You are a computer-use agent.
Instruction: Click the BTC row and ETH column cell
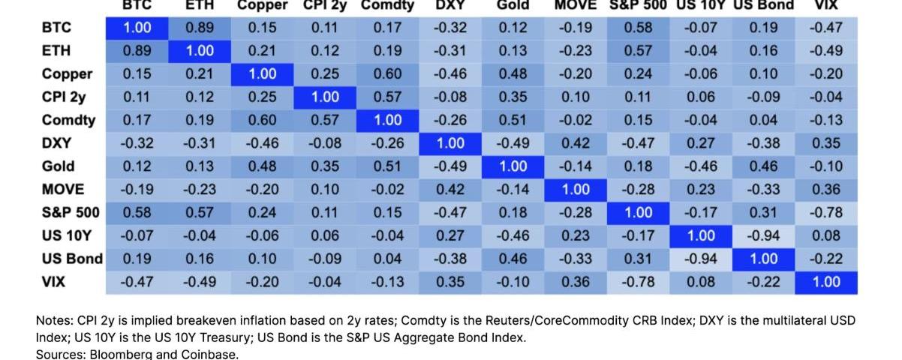click(199, 28)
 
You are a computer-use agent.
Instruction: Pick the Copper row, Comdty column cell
click(387, 74)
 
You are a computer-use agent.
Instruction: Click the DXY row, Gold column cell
click(513, 143)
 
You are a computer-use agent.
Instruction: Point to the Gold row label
click(58, 166)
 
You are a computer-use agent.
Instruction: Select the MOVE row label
click(63, 189)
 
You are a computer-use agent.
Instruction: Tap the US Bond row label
click(72, 259)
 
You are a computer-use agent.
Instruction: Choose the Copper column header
click(262, 5)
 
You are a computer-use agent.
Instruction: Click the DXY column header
click(449, 5)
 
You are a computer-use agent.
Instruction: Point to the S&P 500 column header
click(639, 5)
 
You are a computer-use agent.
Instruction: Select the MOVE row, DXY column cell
click(449, 189)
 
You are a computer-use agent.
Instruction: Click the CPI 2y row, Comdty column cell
click(387, 97)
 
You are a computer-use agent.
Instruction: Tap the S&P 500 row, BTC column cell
click(137, 212)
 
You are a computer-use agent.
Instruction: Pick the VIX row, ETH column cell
click(199, 282)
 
